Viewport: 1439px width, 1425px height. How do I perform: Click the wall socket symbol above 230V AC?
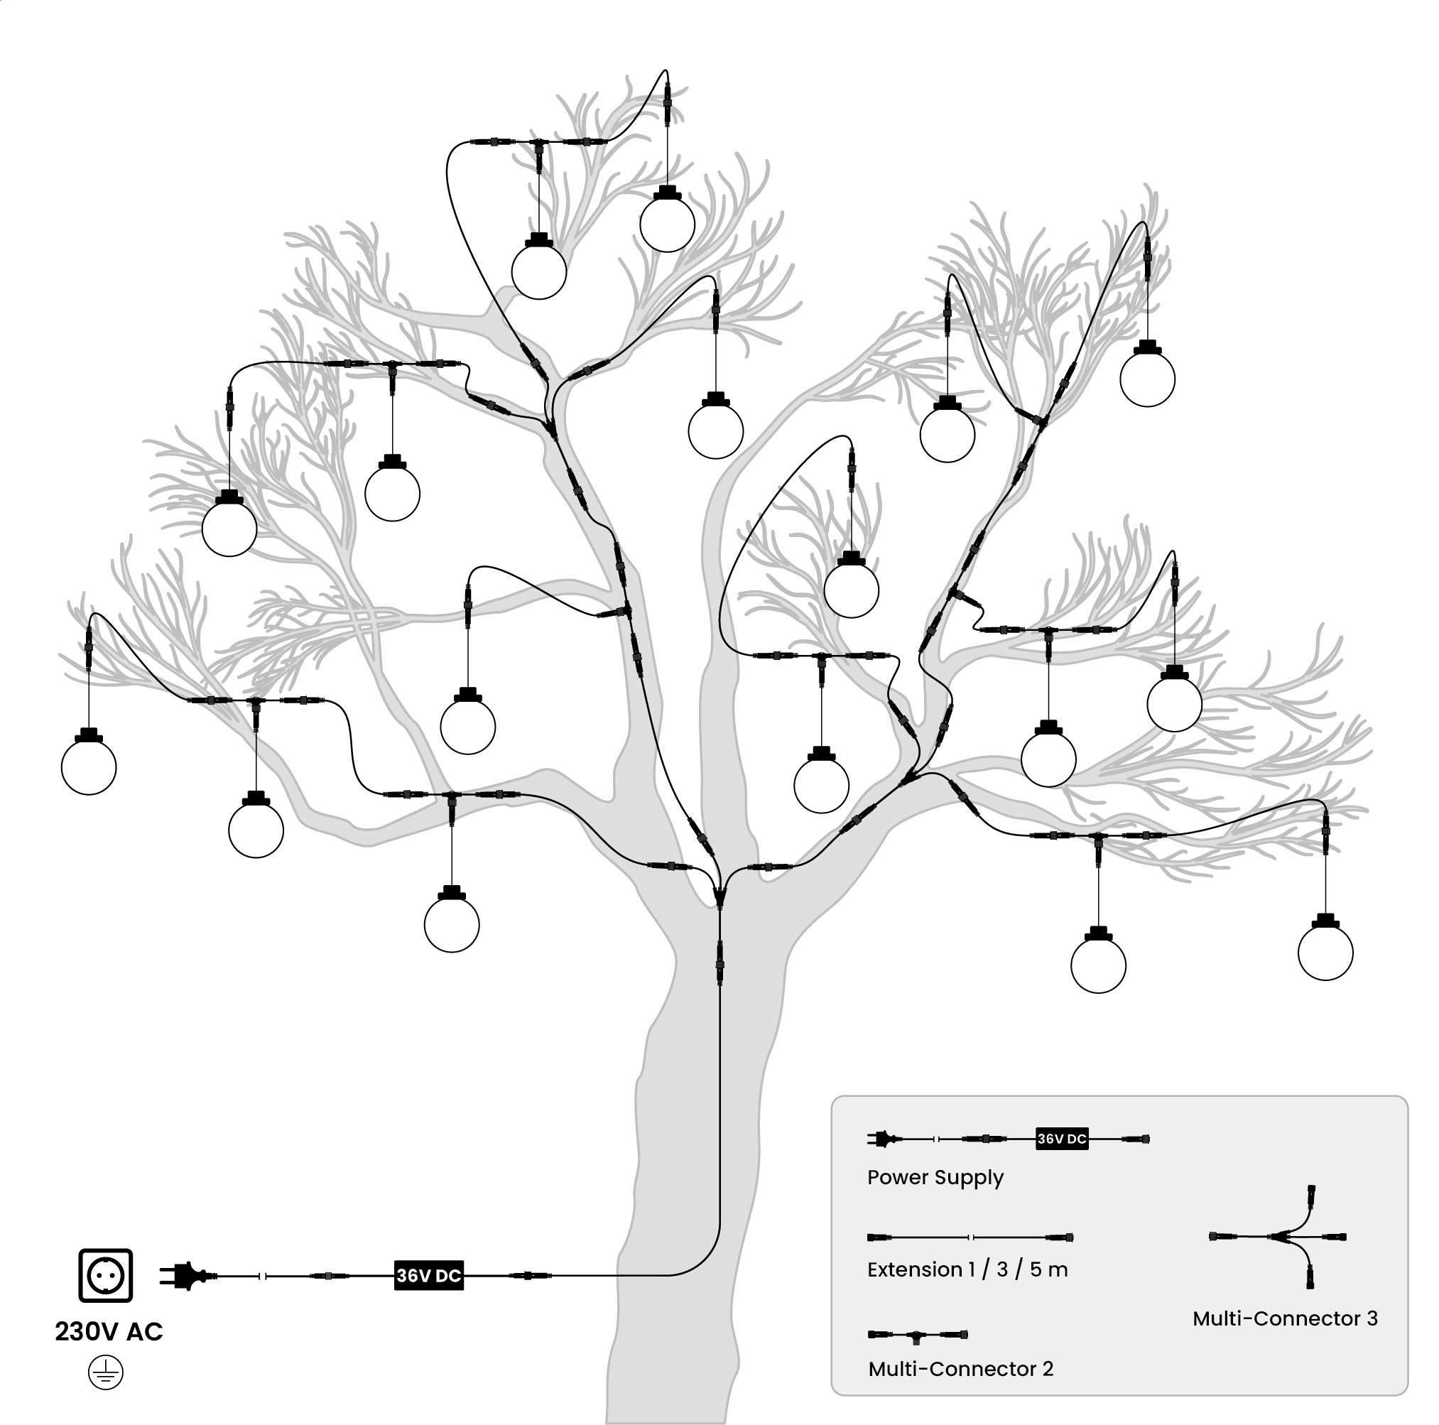[x=105, y=1276]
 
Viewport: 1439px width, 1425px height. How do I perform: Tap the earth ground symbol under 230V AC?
[x=106, y=1373]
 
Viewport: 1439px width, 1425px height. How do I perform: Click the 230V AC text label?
[x=109, y=1332]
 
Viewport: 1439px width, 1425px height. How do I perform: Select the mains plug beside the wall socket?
[x=184, y=1276]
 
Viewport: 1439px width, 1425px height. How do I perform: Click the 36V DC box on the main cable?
[x=429, y=1275]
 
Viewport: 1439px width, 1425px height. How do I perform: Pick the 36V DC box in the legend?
[x=1062, y=1139]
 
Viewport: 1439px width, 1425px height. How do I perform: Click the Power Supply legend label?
[x=935, y=1178]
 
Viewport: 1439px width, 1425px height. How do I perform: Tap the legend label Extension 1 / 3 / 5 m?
[x=967, y=1269]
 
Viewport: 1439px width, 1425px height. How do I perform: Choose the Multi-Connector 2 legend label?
[x=961, y=1369]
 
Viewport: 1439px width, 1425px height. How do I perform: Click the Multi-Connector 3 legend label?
[x=1285, y=1318]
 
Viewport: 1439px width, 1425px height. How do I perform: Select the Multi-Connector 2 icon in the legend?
[x=918, y=1335]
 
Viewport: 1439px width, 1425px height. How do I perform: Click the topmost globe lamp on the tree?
[x=668, y=219]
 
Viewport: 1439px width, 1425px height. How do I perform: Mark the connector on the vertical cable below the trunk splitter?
[x=719, y=963]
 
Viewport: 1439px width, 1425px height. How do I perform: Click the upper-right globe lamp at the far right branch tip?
[x=1148, y=374]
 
